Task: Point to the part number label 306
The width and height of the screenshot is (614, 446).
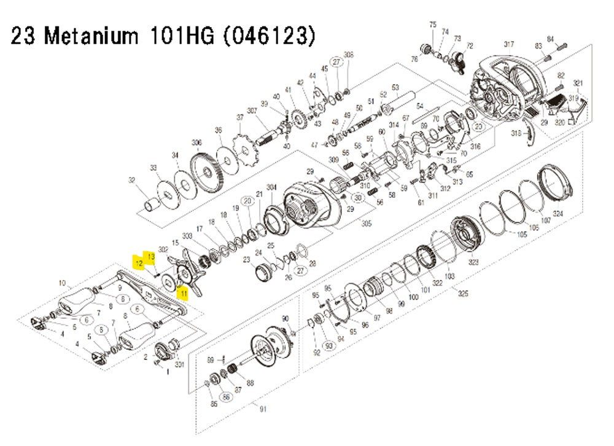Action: click(x=196, y=143)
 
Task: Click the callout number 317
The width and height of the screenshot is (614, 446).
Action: click(x=508, y=44)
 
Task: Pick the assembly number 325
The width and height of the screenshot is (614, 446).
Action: click(x=463, y=294)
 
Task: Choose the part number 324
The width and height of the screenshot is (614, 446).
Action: click(x=558, y=214)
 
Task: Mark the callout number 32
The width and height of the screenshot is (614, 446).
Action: click(x=131, y=180)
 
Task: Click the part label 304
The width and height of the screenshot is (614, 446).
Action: click(x=271, y=187)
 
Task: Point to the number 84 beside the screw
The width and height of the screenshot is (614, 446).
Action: click(x=550, y=39)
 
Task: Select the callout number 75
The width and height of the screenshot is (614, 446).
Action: click(x=433, y=25)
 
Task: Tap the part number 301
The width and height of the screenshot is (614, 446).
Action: click(x=180, y=365)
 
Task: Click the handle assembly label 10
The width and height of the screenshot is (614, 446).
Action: click(x=61, y=283)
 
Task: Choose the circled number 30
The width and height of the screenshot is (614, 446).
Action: click(x=359, y=198)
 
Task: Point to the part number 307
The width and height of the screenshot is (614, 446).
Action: click(x=251, y=111)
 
